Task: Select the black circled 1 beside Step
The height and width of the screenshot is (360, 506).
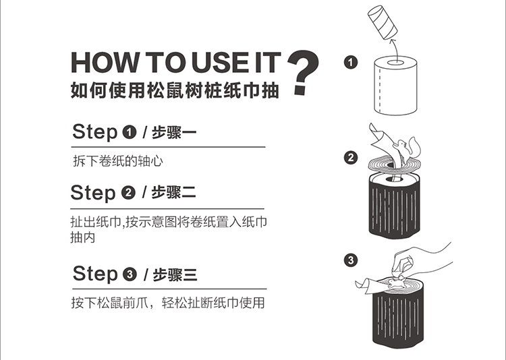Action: click(130, 132)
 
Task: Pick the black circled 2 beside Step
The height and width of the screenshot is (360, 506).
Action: click(128, 193)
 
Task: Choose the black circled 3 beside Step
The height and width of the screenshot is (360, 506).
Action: click(130, 274)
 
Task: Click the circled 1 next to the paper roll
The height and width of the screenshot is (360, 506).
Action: click(351, 62)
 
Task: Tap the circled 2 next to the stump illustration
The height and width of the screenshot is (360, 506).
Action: click(351, 158)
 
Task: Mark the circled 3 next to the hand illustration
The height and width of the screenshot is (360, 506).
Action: click(351, 260)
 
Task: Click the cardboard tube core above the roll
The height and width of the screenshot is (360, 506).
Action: click(383, 22)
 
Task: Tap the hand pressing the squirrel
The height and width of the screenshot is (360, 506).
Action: click(420, 262)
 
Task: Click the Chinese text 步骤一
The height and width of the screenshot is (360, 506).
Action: click(174, 132)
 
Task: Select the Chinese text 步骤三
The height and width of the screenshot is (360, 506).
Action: click(175, 274)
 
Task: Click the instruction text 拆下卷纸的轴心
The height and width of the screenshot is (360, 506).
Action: click(118, 161)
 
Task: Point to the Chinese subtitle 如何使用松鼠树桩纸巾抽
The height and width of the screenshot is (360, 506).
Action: click(175, 90)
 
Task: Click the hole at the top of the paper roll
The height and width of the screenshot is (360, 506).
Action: click(395, 62)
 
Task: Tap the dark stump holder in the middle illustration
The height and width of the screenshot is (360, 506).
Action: click(395, 206)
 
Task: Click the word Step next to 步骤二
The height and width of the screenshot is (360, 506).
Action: click(93, 193)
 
